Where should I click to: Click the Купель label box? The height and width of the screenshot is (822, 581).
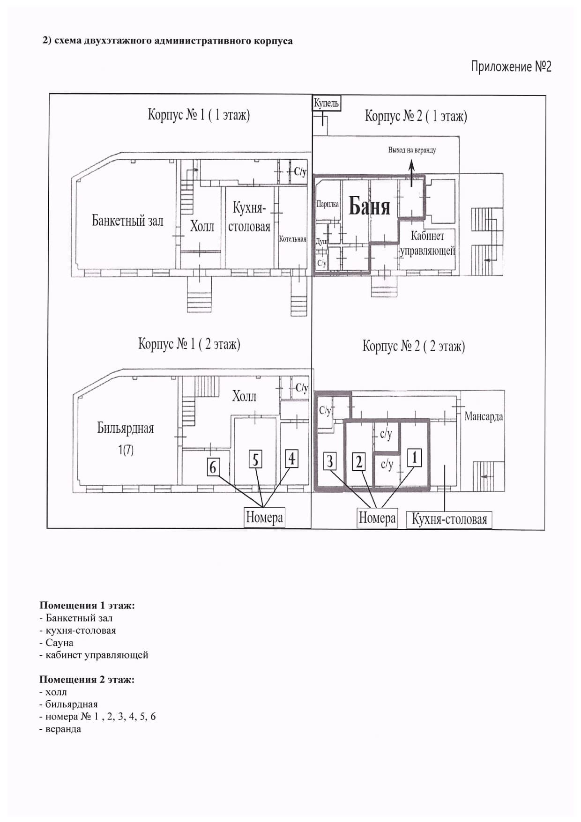[x=327, y=103]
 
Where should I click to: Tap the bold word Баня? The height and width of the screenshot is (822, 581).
[x=369, y=206]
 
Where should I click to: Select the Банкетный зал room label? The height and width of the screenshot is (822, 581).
[x=127, y=221]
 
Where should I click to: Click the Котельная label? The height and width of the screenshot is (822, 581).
[x=292, y=239]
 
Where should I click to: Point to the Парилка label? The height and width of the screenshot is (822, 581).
[x=328, y=204]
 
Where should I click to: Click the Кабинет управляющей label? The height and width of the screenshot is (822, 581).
[x=427, y=243]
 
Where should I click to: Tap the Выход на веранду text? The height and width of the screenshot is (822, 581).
[x=412, y=150]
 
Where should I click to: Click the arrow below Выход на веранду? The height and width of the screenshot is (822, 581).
[x=412, y=173]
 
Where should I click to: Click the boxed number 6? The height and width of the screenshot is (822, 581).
[x=214, y=467]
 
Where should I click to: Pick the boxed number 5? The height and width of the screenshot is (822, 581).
[x=255, y=459]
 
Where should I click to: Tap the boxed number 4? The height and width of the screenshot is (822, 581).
[x=292, y=459]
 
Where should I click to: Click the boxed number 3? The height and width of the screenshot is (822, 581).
[x=330, y=461]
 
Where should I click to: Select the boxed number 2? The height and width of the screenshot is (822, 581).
[x=359, y=462]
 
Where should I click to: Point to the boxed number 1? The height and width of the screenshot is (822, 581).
[x=414, y=458]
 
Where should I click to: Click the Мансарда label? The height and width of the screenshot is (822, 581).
[x=484, y=417]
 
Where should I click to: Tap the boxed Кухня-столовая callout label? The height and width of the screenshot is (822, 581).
[x=449, y=519]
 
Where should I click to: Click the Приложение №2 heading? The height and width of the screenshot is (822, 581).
[x=511, y=67]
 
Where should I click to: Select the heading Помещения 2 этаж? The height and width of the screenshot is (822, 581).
[x=87, y=679]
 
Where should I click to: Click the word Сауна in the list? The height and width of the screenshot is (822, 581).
[x=59, y=643]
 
